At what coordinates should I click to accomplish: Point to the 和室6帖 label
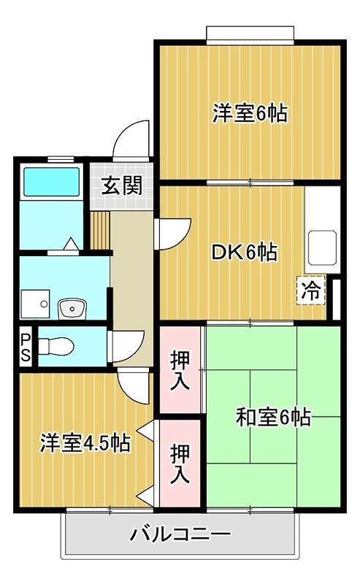[x=273, y=417]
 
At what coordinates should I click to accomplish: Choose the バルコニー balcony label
[x=181, y=535]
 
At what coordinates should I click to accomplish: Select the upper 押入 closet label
[x=180, y=370]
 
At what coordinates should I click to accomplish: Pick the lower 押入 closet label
[x=180, y=463]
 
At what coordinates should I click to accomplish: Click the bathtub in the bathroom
[x=51, y=180]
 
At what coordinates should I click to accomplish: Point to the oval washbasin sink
[x=73, y=309]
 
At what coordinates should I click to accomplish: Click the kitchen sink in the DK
[x=321, y=249]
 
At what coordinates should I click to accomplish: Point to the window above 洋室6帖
[x=250, y=34]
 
